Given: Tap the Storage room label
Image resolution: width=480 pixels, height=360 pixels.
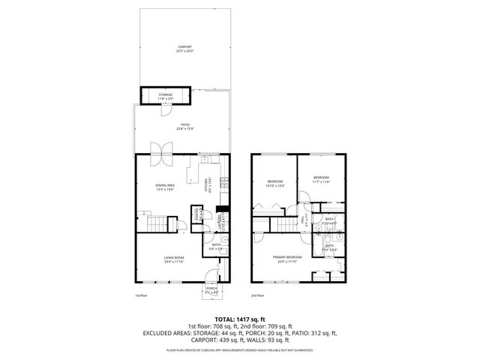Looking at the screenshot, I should [x=166, y=94].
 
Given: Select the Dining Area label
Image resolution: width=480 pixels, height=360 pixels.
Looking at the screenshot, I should [x=165, y=184].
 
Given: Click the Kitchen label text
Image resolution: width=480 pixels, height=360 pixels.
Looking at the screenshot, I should [x=206, y=184].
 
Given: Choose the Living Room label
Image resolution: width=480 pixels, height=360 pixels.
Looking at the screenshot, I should [x=174, y=257].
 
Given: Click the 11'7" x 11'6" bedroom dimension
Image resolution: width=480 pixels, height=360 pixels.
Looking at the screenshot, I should [x=322, y=181].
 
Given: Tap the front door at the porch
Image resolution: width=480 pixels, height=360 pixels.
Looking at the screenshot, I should [x=212, y=277].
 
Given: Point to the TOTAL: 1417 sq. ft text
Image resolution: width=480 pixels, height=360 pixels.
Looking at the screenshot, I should [x=240, y=319].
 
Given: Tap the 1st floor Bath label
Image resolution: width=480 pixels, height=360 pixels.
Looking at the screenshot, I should [x=215, y=245].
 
